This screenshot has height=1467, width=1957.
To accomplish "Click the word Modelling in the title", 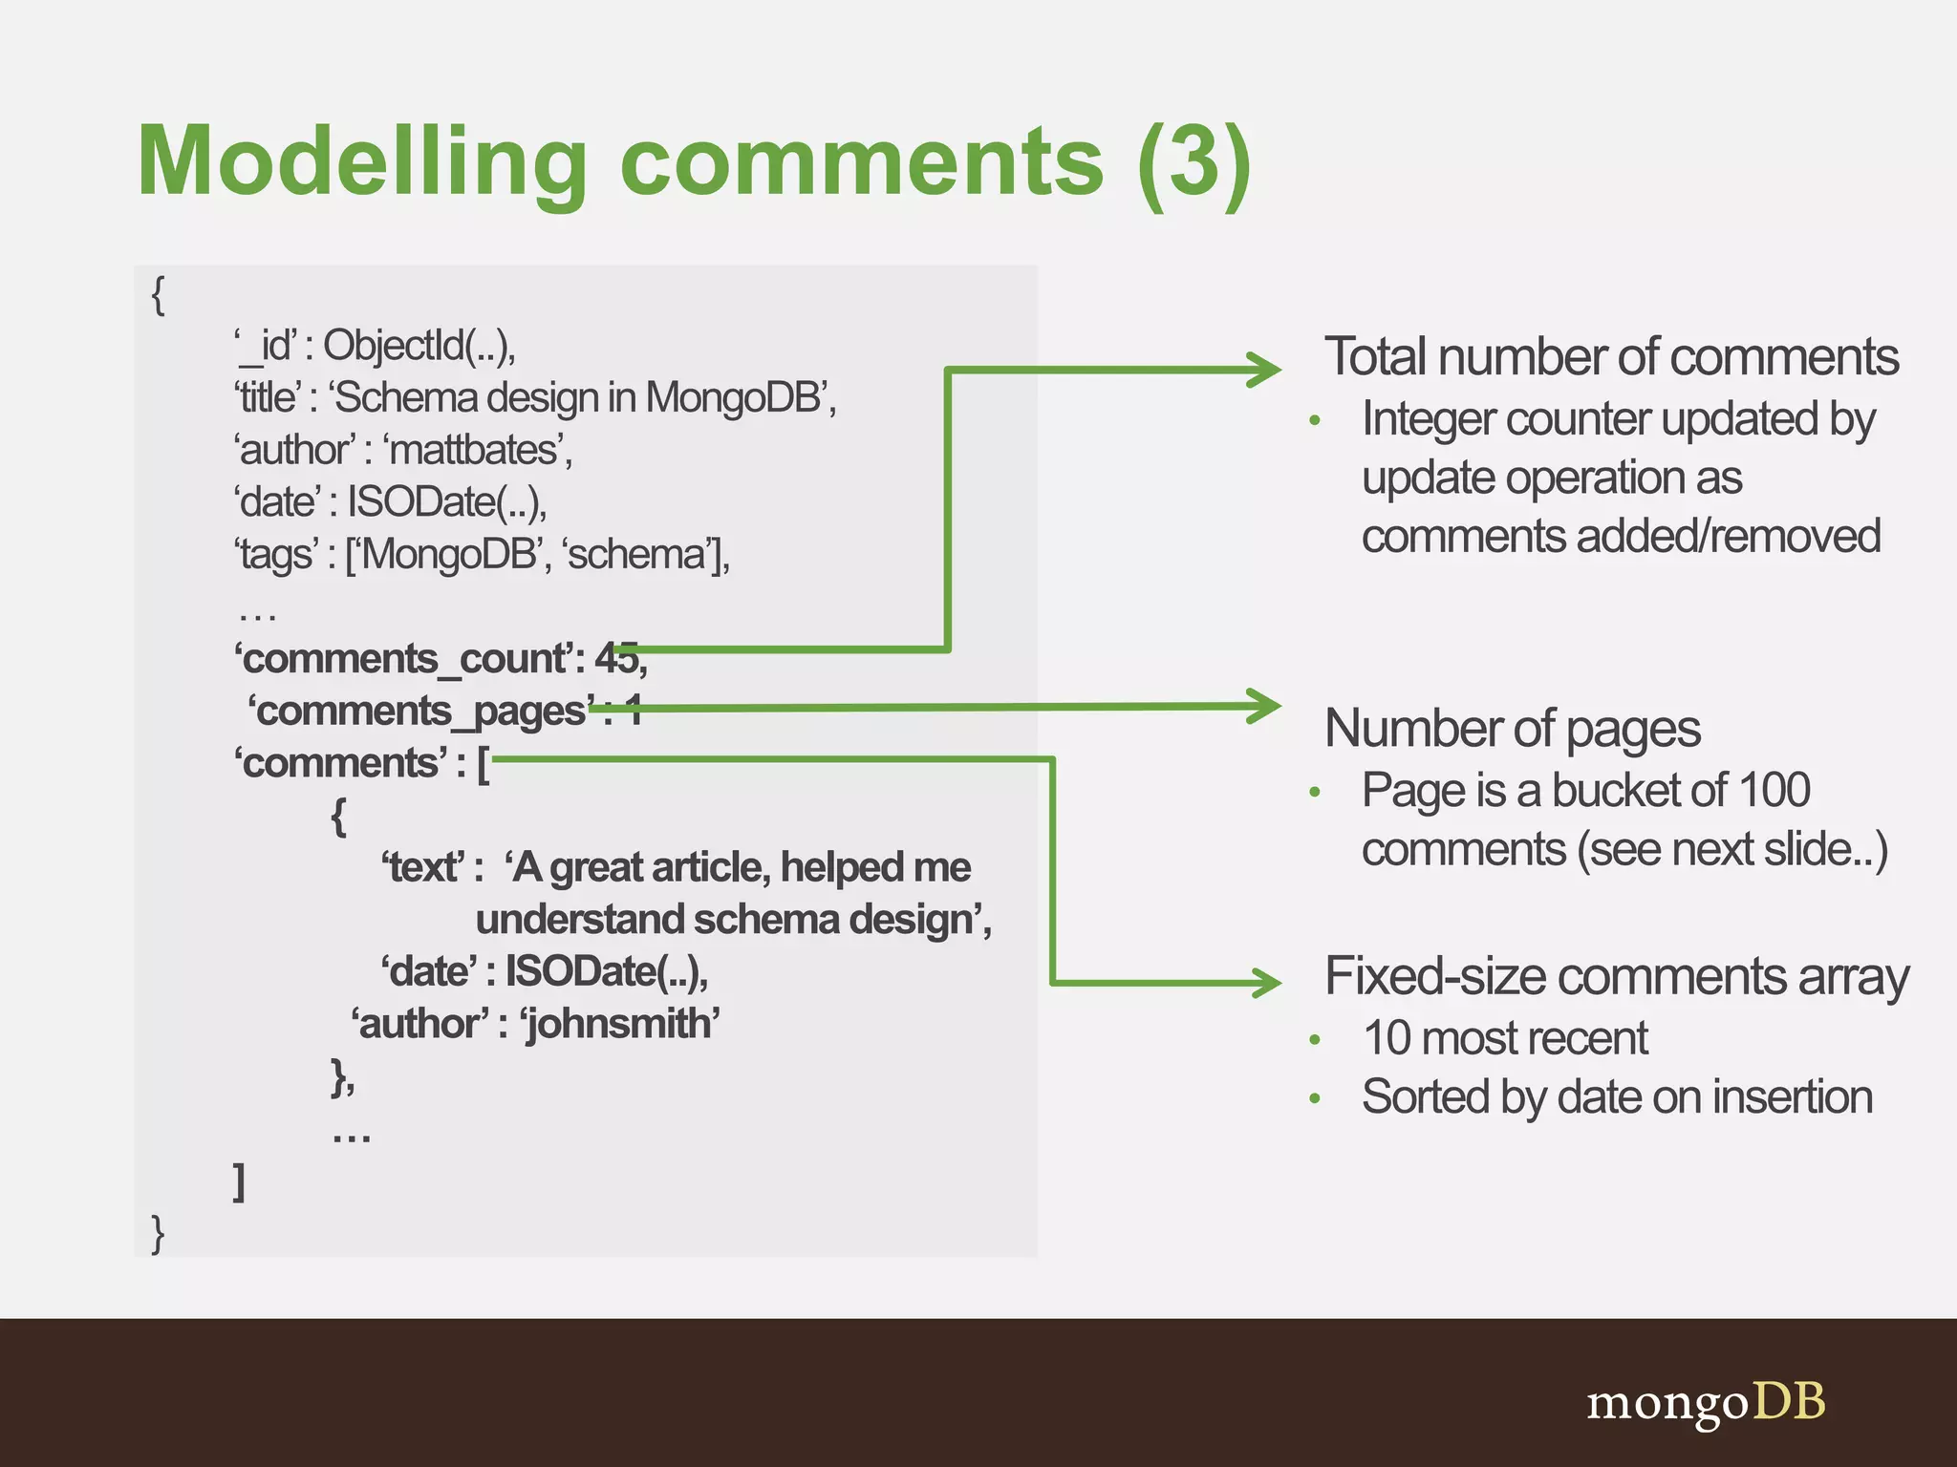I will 361,162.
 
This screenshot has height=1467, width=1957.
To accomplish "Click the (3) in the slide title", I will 1194,162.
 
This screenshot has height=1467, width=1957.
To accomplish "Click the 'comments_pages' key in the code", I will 421,711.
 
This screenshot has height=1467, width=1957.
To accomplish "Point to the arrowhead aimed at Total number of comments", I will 1266,370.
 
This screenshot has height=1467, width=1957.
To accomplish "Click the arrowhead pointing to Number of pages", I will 1266,707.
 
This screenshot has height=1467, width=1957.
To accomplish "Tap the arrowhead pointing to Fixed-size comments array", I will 1266,982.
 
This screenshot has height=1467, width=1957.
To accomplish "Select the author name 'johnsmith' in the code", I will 619,1024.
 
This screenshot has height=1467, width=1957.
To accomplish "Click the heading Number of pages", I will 1512,729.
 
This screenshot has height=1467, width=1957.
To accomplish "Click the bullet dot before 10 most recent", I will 1315,1040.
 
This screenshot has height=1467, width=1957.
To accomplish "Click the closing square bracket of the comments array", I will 240,1181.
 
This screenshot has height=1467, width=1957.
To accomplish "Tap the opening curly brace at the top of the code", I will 159,295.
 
